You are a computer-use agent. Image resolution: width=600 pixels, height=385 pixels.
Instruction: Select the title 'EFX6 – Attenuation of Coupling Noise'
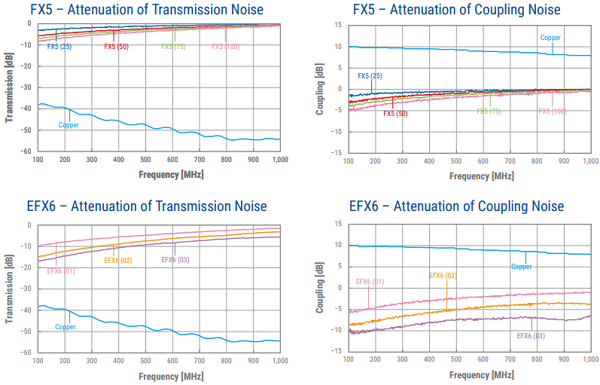(x=456, y=206)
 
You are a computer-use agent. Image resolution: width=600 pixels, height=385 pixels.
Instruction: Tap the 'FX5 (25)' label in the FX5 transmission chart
(x=59, y=47)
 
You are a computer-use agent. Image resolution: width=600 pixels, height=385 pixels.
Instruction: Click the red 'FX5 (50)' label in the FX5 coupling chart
(x=395, y=114)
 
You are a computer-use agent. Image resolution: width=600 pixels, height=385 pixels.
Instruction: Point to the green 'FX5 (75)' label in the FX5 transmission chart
(x=174, y=47)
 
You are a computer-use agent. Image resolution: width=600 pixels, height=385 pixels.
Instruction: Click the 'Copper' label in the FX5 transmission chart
(x=69, y=125)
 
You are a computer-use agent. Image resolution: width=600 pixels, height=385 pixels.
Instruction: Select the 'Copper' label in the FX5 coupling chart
(x=550, y=38)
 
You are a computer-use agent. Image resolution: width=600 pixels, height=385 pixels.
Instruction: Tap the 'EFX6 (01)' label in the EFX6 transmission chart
(x=61, y=270)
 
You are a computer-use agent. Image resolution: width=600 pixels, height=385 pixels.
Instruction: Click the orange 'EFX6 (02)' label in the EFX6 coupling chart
(x=443, y=276)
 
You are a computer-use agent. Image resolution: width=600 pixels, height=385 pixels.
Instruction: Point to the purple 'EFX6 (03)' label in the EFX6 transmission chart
(x=175, y=260)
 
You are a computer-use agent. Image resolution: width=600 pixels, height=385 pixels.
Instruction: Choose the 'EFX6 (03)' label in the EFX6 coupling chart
(x=530, y=336)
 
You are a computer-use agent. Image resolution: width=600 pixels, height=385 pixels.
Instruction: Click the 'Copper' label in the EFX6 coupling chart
(x=522, y=267)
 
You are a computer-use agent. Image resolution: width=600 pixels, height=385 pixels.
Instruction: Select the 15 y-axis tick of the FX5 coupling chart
(x=339, y=25)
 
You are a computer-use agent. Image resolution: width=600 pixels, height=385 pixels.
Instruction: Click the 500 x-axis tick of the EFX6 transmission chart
(x=146, y=362)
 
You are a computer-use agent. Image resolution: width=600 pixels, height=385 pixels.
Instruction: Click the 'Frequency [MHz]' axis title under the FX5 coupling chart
(x=470, y=176)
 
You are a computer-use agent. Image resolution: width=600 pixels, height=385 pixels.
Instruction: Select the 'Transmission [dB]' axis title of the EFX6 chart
(x=10, y=288)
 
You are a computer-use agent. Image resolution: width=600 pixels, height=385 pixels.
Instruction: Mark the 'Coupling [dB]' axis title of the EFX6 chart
(x=320, y=288)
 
